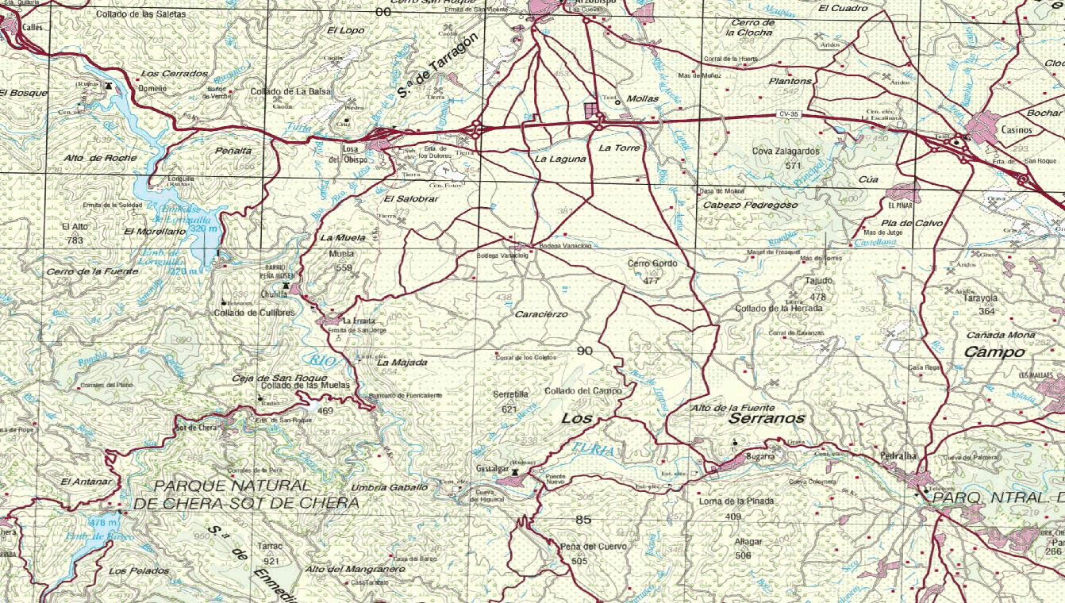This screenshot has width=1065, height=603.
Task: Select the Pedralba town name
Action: tap(899, 456)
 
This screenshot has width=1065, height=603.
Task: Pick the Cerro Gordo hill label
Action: tap(652, 263)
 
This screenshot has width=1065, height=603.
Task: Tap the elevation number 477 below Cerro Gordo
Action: tap(652, 281)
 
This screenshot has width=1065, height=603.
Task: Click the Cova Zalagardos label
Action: tap(786, 151)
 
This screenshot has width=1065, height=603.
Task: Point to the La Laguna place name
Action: tap(560, 159)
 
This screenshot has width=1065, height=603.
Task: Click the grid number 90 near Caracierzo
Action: tap(585, 351)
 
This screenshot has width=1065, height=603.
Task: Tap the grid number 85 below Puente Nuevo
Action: tap(583, 520)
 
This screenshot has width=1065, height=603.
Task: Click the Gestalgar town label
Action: tap(491, 470)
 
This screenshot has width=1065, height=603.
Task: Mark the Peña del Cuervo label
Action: tap(593, 547)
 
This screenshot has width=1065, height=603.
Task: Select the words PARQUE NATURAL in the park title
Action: tap(233, 485)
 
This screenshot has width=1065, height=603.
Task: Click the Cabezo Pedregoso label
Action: tap(751, 205)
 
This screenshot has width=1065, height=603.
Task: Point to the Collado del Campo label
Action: tap(583, 391)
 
